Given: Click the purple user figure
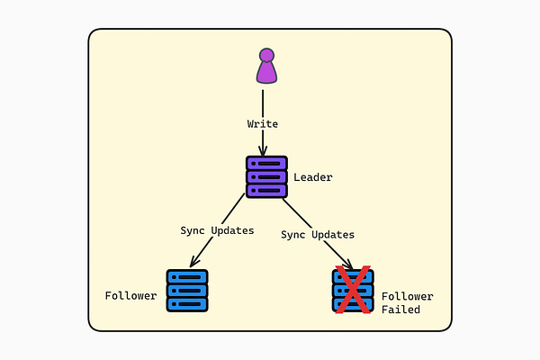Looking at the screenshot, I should tap(265, 67).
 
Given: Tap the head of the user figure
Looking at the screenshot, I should tap(265, 55).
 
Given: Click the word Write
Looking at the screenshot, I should tap(263, 123).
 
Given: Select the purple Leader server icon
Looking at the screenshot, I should tap(266, 176).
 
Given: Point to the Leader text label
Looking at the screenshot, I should tap(312, 177).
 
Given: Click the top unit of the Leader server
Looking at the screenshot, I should tap(266, 164).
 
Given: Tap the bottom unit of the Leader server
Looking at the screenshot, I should tap(266, 190).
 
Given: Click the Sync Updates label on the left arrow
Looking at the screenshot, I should tap(217, 230).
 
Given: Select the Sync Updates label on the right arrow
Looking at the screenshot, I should tap(318, 235).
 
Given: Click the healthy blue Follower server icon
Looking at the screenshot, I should tap(187, 291).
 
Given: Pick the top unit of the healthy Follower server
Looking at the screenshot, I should tap(187, 277).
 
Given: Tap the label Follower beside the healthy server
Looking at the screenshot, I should tap(130, 295).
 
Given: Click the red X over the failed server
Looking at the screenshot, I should tap(354, 290).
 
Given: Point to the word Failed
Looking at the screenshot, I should tap(400, 310).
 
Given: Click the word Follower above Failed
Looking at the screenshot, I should tap(407, 296).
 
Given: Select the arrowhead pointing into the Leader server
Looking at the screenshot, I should tap(264, 151).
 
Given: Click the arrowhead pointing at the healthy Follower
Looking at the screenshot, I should tap(194, 263).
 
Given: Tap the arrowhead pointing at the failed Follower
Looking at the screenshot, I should tap(347, 264).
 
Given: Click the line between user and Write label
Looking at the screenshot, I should tap(264, 101).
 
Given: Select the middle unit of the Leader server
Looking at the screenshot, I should tap(266, 176).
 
